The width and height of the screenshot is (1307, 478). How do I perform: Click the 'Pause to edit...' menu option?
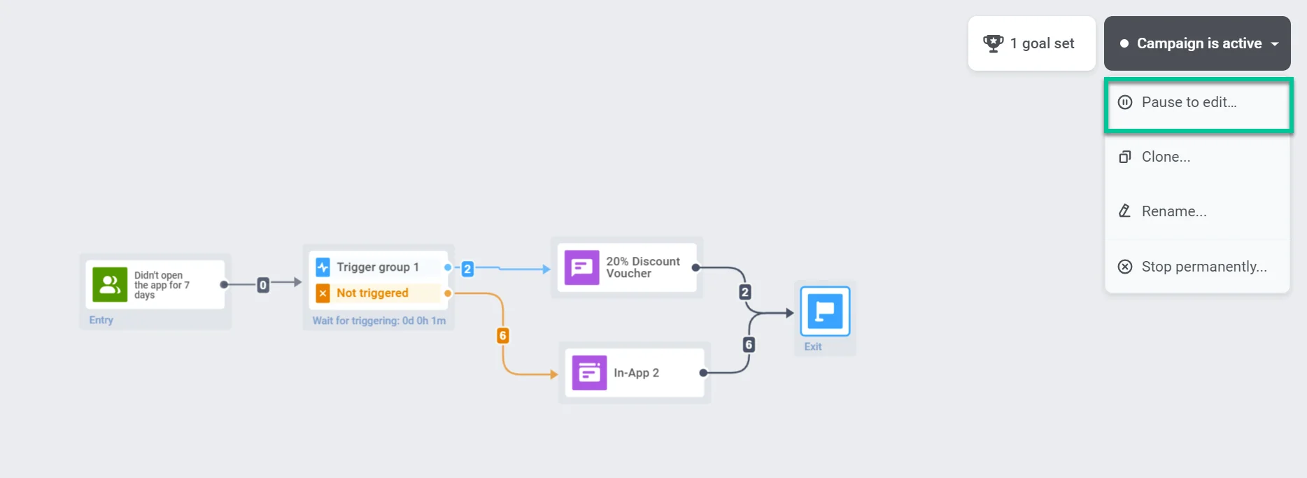(x=1189, y=103)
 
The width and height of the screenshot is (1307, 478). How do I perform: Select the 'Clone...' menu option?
(x=1166, y=157)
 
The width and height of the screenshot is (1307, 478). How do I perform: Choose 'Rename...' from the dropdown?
(x=1173, y=211)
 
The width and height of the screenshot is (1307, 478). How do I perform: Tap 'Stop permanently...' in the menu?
(x=1203, y=267)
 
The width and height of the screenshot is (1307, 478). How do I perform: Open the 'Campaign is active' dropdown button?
(x=1197, y=43)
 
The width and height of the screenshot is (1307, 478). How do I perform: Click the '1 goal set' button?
(x=1031, y=43)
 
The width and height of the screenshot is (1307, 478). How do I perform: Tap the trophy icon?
(x=993, y=43)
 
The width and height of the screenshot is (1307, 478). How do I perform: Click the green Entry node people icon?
(x=110, y=284)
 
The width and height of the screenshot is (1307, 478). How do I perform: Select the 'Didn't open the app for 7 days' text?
(x=162, y=285)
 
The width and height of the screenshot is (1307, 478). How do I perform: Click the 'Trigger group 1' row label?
(x=377, y=267)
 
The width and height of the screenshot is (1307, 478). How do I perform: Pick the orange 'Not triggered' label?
(x=372, y=293)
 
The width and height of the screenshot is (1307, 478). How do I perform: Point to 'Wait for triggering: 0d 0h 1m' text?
(x=379, y=321)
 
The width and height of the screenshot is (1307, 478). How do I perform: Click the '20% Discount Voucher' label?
(x=642, y=267)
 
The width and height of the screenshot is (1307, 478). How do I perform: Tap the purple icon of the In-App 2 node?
(x=589, y=373)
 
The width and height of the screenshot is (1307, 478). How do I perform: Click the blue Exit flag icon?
(x=825, y=311)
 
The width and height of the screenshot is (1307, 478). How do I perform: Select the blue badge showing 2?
(x=467, y=269)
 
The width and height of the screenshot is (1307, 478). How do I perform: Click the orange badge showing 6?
(x=502, y=336)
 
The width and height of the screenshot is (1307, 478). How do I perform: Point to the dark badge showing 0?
(x=263, y=285)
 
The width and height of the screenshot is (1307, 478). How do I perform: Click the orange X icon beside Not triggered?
(x=323, y=293)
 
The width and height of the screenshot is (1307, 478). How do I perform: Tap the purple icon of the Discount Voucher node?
(x=581, y=267)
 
